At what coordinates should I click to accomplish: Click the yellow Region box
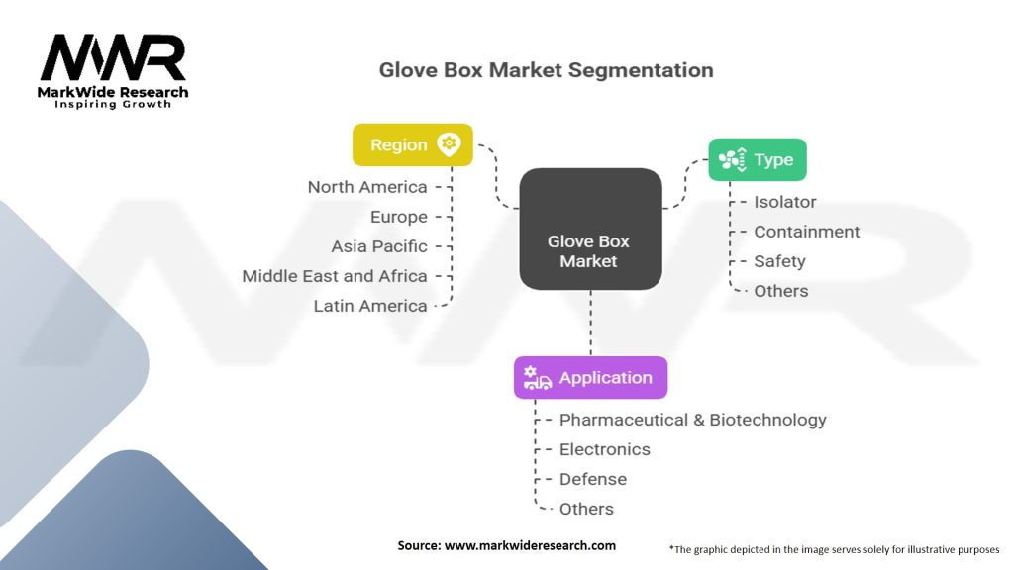413,144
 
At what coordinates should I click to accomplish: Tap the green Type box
758,159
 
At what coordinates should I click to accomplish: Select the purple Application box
590,377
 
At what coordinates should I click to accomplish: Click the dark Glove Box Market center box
590,229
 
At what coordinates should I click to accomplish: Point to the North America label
367,187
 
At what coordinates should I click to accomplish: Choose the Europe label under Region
398,217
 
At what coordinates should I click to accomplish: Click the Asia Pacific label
379,246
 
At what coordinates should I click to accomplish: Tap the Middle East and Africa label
335,276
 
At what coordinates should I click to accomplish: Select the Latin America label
370,306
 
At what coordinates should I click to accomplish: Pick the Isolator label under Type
785,202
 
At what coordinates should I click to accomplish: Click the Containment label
806,232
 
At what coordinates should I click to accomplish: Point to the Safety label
779,261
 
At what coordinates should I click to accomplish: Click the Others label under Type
780,291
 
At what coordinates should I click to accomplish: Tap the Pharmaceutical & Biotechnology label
692,420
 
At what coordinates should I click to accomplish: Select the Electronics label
605,449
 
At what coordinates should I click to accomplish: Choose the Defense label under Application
592,479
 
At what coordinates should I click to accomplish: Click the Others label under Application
586,509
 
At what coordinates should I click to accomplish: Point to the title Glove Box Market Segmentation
546,70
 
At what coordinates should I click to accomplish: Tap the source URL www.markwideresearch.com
530,545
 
